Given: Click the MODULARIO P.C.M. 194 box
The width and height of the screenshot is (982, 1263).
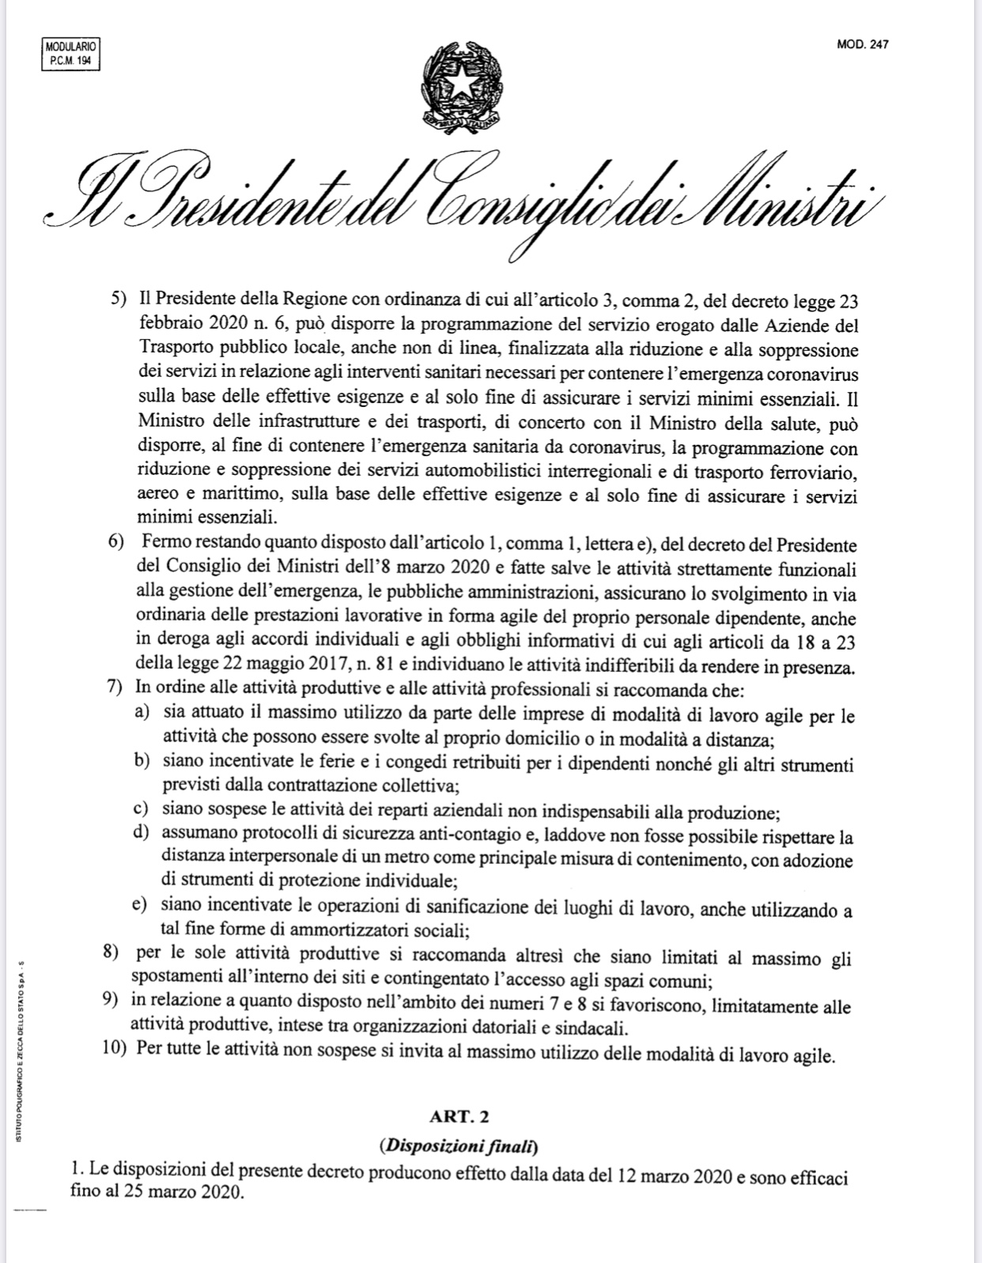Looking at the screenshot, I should tap(70, 55).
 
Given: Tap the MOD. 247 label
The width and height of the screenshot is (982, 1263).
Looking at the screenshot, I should tap(862, 45).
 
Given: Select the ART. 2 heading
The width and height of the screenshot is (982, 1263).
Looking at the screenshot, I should tap(459, 1116).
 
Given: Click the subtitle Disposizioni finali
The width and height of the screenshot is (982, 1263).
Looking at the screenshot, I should tap(458, 1144).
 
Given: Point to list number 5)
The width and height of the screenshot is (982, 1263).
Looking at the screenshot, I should tap(119, 301).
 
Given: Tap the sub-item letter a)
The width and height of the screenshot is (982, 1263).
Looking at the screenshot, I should tap(142, 712).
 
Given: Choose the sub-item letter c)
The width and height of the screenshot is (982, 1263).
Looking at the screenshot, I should tap(142, 809).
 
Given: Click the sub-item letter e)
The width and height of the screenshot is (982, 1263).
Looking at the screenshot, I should tap(142, 903).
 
